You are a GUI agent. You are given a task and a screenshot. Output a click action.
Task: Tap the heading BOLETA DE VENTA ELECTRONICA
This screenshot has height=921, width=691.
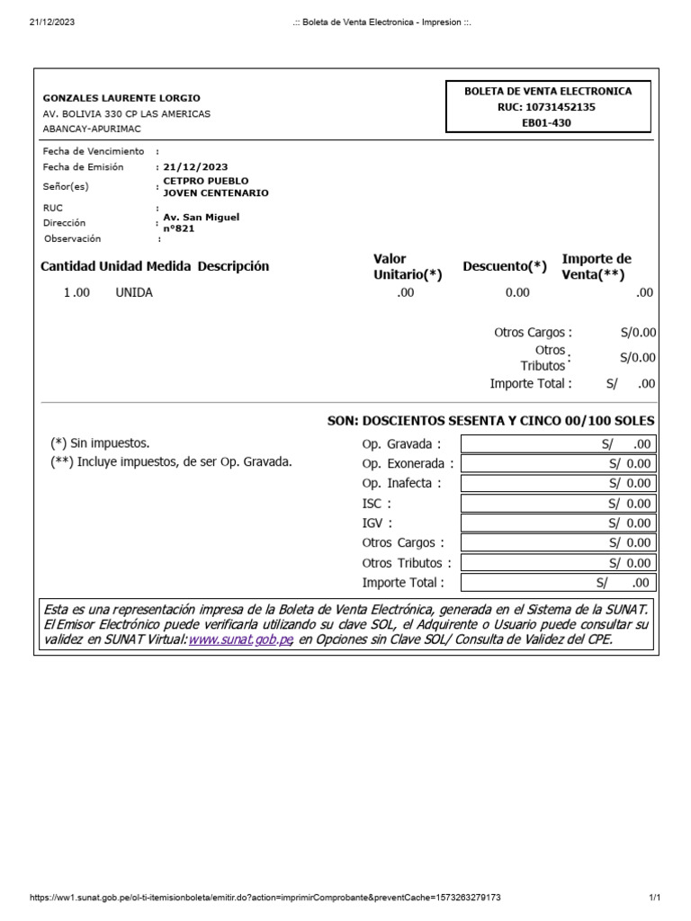[547, 91]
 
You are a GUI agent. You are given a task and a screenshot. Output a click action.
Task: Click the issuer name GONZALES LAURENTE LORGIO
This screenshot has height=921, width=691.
[121, 98]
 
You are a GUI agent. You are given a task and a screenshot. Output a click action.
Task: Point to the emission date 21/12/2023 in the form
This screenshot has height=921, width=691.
[195, 167]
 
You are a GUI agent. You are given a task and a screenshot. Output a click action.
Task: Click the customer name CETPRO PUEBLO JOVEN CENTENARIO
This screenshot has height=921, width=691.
[215, 187]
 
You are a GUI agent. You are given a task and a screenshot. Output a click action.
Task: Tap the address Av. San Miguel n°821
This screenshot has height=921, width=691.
[201, 222]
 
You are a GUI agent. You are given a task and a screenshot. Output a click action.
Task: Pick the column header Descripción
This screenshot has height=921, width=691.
[233, 266]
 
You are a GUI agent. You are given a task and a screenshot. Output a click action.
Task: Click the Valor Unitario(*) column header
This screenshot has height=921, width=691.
[408, 267]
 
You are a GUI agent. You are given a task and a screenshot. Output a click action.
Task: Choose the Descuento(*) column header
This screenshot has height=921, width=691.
[505, 266]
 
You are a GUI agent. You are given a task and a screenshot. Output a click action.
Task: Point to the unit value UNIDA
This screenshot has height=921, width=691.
[134, 292]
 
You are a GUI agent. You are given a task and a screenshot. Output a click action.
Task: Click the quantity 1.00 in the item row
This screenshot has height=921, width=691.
[76, 292]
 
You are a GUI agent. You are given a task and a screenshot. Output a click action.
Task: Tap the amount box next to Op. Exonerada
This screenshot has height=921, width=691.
[558, 464]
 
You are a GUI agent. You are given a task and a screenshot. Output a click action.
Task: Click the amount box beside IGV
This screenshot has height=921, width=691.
[558, 523]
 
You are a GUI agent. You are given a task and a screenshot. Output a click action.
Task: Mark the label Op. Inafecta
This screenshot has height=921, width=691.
[401, 484]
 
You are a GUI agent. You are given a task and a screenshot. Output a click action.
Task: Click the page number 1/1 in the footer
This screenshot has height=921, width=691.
[654, 898]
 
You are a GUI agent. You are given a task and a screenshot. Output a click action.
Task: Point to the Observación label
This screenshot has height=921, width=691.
[73, 238]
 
